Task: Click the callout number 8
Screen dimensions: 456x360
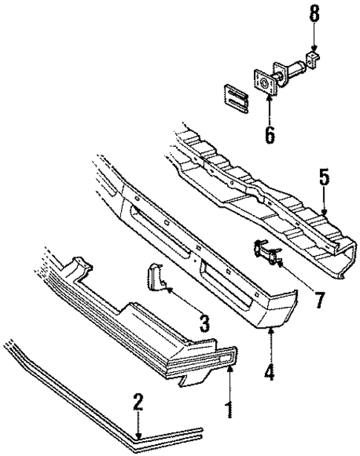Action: [314, 14]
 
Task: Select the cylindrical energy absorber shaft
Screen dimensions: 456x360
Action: [292, 73]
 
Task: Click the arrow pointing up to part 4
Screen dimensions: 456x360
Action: [270, 343]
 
